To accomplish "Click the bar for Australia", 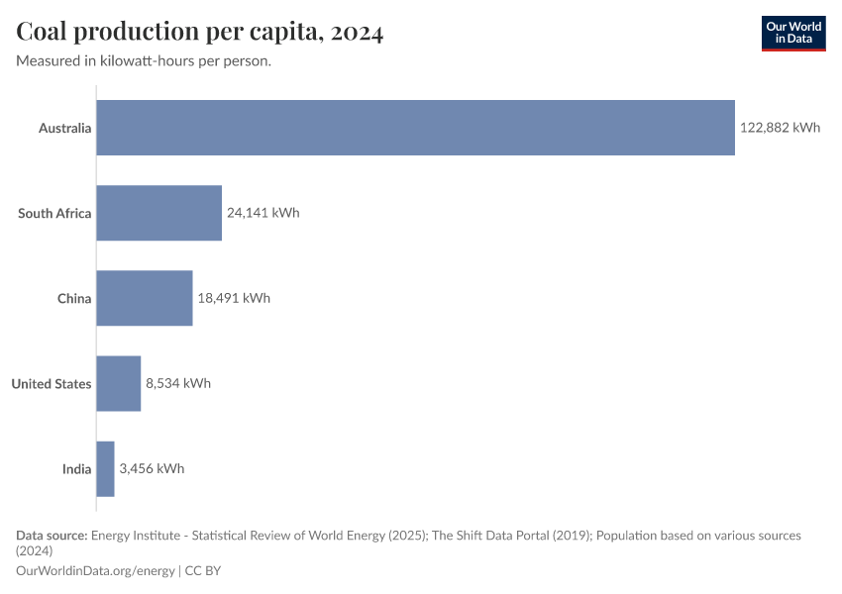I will pos(415,128).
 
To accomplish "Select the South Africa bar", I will pos(158,213).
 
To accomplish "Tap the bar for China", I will pos(144,298).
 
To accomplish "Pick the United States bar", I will pos(118,383).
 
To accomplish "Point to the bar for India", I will pos(105,468).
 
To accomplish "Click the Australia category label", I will pos(64,128).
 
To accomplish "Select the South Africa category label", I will pos(54,213).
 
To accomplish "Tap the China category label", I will pos(74,298).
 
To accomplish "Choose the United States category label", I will pos(52,383).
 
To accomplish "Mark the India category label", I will pos(76,468).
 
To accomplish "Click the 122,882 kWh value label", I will pos(780,128).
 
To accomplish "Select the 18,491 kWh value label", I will pos(234,298).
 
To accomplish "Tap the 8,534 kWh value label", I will pos(178,383).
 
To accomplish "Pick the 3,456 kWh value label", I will pos(152,468).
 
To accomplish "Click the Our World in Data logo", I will pos(792,33).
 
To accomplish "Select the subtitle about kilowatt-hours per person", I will pos(145,60).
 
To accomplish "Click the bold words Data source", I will pos(52,535).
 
